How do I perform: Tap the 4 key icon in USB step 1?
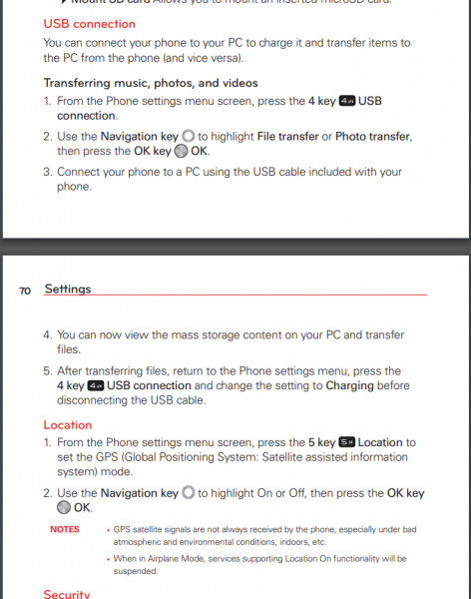click(347, 101)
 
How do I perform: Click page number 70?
click(25, 290)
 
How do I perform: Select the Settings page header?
click(68, 289)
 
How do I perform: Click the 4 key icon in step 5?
click(96, 385)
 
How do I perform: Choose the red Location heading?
click(68, 424)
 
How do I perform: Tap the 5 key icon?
click(346, 442)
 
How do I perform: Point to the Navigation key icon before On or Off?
click(188, 493)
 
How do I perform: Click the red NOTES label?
click(64, 528)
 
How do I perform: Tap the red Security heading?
click(67, 594)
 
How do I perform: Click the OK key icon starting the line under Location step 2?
click(64, 508)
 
